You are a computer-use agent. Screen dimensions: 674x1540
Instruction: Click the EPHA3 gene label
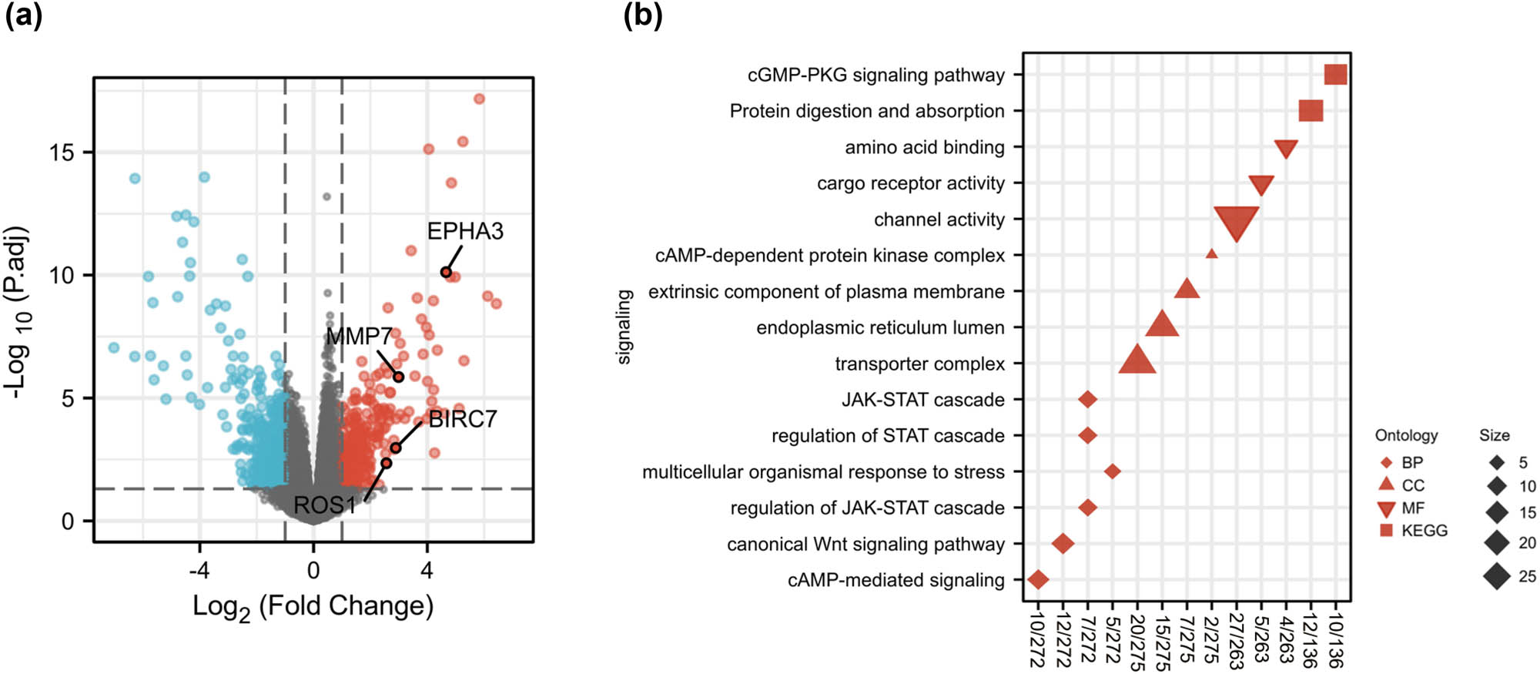click(465, 231)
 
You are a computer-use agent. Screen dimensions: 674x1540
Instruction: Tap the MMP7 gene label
click(359, 337)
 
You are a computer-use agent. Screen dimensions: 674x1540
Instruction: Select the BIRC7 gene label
click(463, 419)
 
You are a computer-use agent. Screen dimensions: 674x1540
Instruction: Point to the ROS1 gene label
click(325, 505)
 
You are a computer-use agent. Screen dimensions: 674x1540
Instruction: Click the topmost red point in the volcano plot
click(479, 99)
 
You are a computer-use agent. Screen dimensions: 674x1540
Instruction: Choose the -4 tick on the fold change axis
click(199, 571)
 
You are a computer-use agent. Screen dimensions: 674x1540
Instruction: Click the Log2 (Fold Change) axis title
click(313, 607)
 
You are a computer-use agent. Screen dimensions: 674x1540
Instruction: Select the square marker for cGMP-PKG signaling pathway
click(1335, 75)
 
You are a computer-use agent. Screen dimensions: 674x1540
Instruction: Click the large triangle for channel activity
click(1236, 221)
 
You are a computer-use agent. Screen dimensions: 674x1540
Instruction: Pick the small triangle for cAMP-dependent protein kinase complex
click(1211, 253)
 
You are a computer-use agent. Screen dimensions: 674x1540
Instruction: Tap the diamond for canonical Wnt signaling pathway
click(1063, 544)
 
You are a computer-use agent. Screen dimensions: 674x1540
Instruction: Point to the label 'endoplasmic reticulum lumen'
click(880, 328)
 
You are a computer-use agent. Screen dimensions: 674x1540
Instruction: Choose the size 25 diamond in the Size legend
click(1497, 576)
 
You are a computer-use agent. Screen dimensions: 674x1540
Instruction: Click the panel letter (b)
click(642, 15)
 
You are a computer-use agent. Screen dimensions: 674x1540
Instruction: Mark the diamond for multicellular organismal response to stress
click(1112, 471)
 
